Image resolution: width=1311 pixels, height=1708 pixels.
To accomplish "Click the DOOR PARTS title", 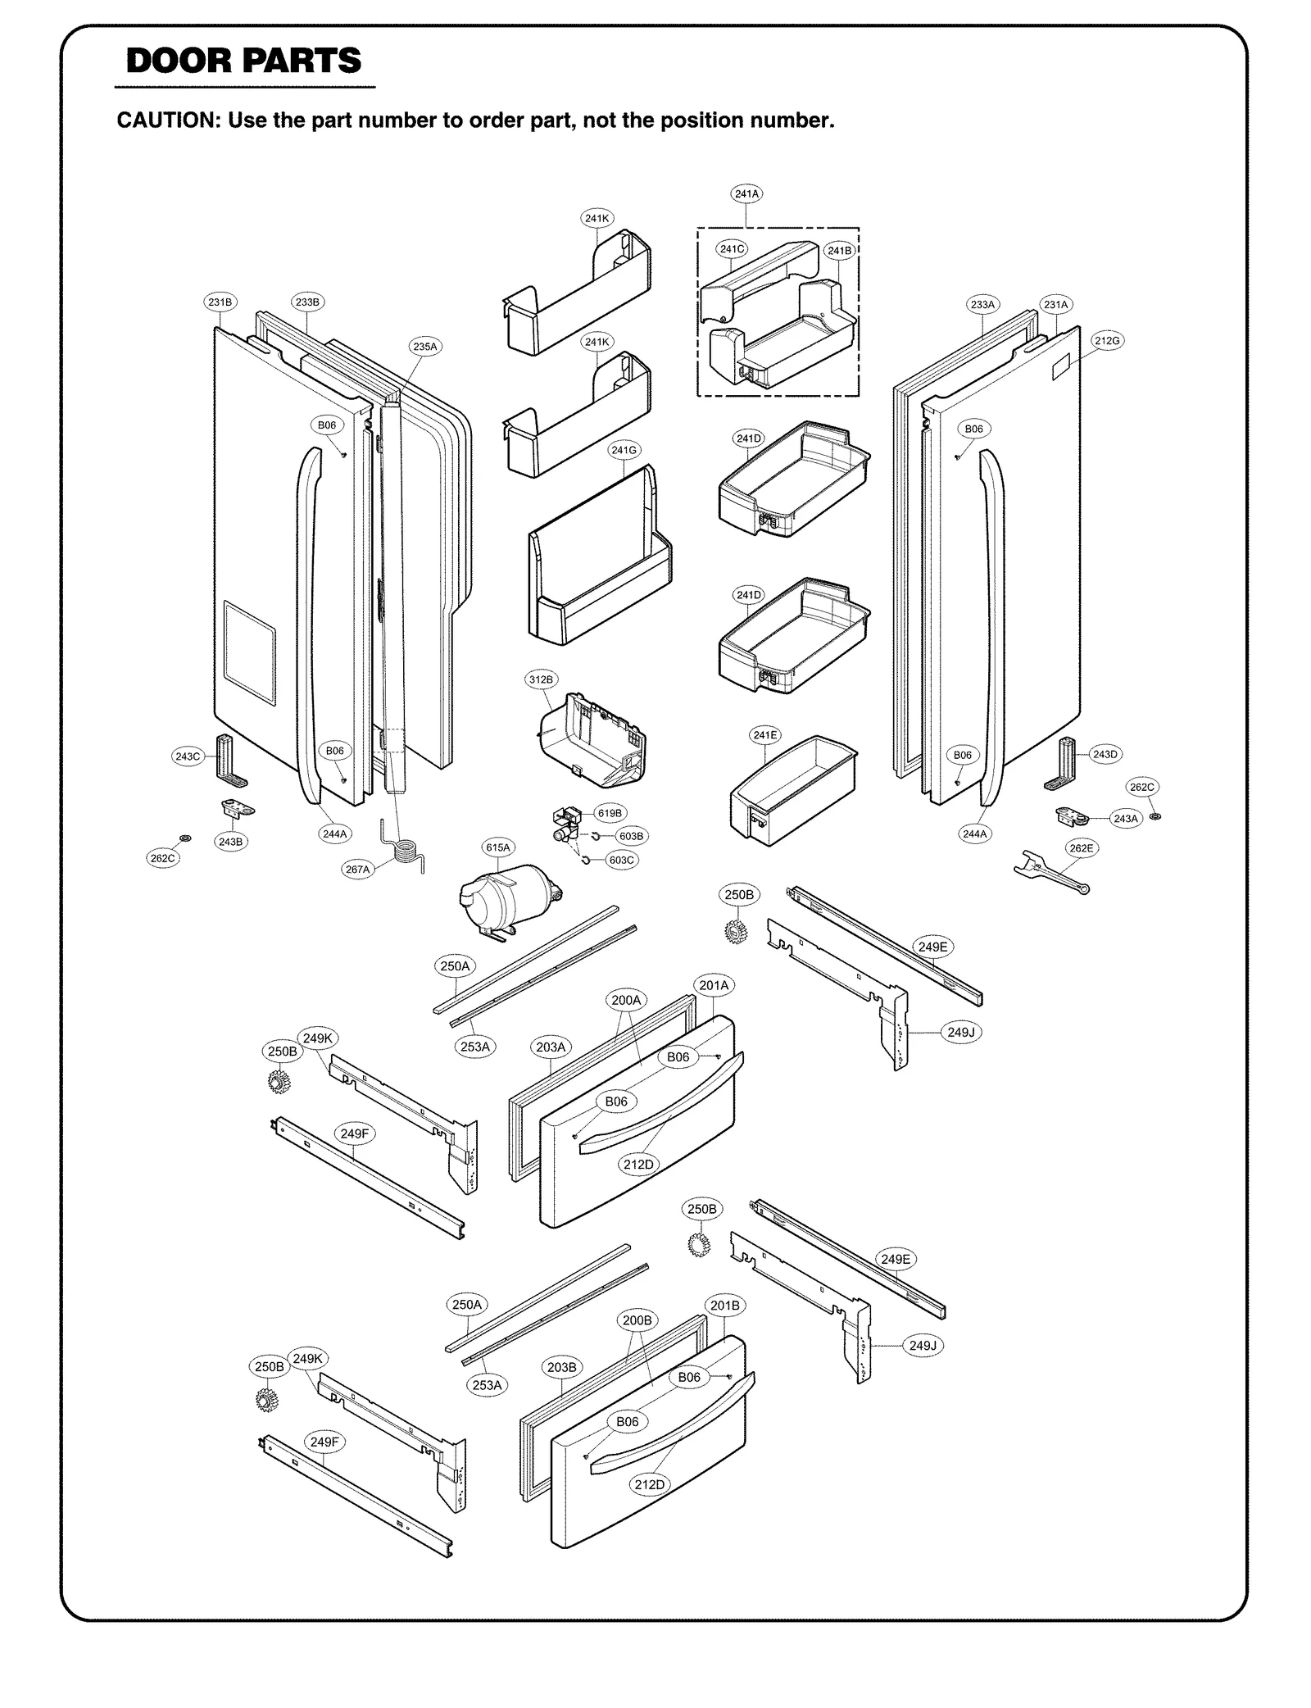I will click(x=243, y=61).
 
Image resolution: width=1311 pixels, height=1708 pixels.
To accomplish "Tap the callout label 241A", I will click(x=746, y=194).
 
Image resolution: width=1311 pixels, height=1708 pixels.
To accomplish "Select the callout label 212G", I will click(x=1107, y=341).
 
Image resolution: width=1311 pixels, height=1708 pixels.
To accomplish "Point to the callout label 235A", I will click(x=424, y=347).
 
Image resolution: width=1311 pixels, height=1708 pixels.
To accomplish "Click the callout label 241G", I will click(x=624, y=450).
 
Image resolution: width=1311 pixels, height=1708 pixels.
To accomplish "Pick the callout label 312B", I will click(x=540, y=679).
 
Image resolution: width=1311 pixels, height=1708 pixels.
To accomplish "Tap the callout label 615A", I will click(x=497, y=847).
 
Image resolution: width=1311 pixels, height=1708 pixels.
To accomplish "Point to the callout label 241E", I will click(x=764, y=735).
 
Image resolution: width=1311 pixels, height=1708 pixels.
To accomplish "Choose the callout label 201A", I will click(x=714, y=985).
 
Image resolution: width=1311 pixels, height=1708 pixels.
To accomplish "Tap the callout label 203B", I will click(x=561, y=1367).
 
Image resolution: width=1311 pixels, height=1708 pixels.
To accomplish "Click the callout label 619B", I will click(x=609, y=813).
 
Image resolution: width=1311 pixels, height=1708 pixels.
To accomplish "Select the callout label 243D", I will click(x=1105, y=754).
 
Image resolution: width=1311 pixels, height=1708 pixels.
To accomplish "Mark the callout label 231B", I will click(x=220, y=302).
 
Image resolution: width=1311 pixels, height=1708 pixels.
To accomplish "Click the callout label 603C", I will click(x=621, y=860).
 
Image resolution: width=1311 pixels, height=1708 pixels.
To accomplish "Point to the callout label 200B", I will click(x=637, y=1320).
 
